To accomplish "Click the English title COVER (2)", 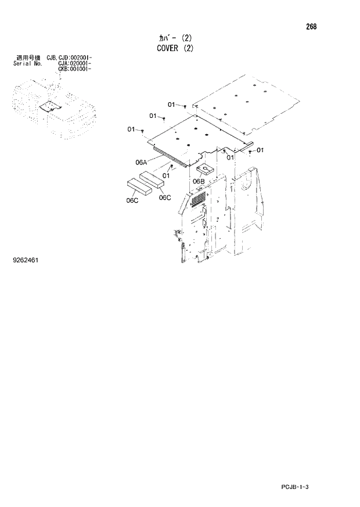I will click(175, 48).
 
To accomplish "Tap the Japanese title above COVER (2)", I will click(175, 37).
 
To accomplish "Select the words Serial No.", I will click(26, 63).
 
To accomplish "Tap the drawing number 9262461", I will click(26, 260).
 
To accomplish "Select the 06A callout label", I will click(141, 163).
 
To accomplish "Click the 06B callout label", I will click(199, 181).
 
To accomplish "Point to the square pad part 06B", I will click(204, 170).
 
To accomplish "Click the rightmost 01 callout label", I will click(260, 150).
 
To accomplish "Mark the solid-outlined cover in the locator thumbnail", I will click(49, 107).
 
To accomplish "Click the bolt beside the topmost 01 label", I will click(185, 107).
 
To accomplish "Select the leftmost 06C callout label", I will click(132, 201).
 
